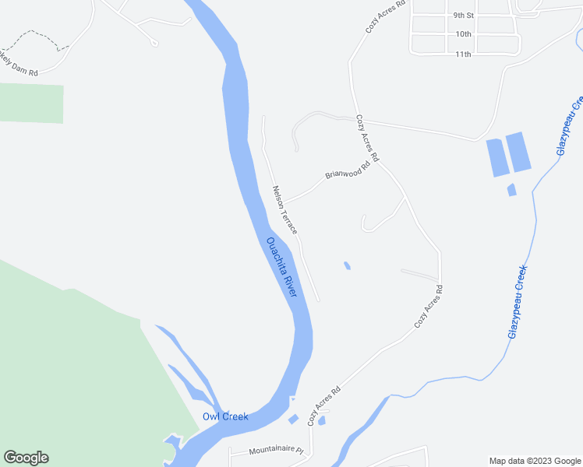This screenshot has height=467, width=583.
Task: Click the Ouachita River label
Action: (282, 267)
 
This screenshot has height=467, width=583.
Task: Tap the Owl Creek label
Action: (225, 416)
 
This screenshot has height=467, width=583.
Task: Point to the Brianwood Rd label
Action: (346, 168)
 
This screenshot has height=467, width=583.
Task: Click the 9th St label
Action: (464, 15)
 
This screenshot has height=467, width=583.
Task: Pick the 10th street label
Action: (464, 34)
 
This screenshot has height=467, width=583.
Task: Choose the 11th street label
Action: (464, 54)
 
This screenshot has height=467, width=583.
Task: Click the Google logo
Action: (26, 458)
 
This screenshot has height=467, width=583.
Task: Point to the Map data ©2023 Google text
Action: (534, 460)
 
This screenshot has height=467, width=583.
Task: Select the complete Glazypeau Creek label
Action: (518, 301)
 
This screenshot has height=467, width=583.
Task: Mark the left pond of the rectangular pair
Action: (496, 156)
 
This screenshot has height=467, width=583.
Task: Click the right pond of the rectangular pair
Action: (518, 152)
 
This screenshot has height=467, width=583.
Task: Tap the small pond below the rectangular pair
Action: (511, 189)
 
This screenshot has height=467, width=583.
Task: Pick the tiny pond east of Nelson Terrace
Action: (347, 266)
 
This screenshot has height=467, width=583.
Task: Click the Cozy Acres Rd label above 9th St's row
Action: (386, 16)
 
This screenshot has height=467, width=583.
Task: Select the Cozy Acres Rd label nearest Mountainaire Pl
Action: (324, 406)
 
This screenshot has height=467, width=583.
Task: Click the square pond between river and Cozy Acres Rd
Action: (293, 420)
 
